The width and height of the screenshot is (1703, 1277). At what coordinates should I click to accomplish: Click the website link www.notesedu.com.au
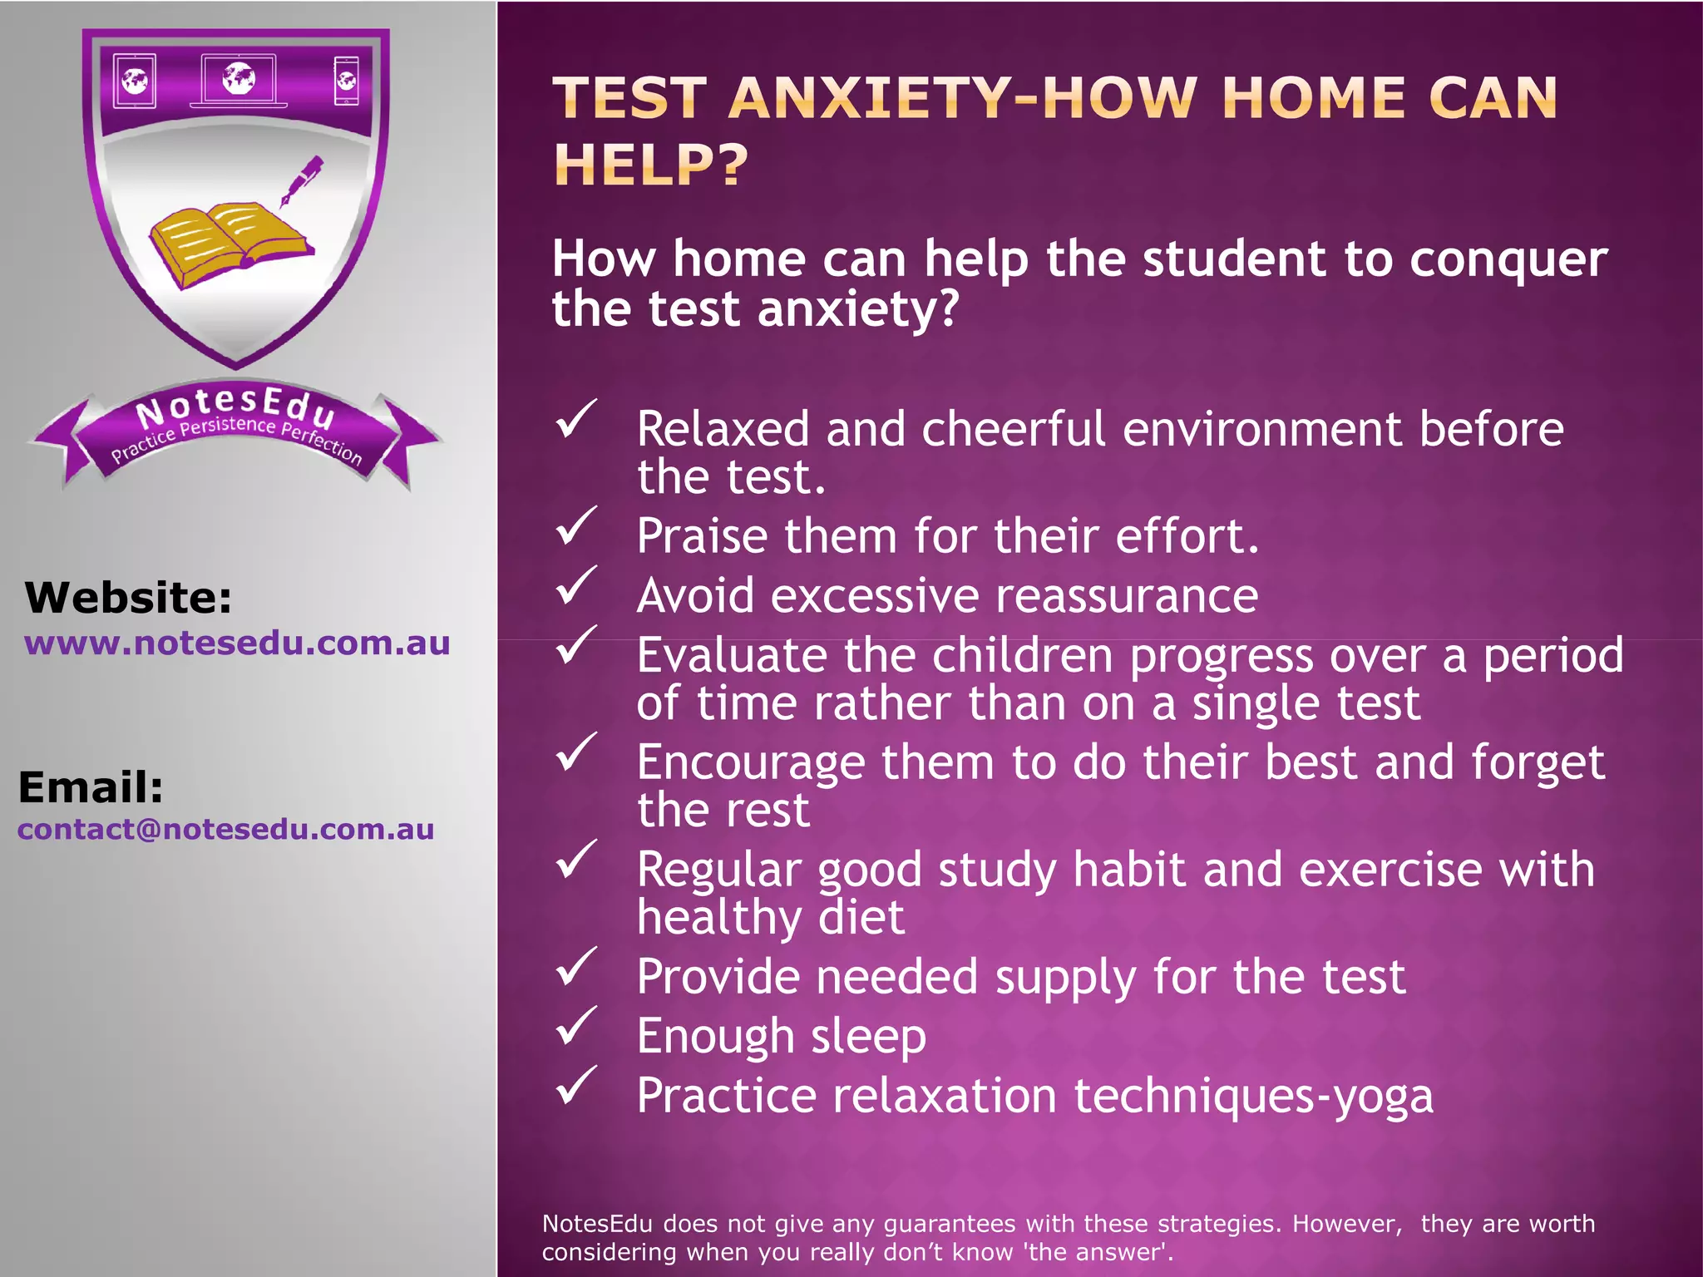pyautogui.click(x=237, y=643)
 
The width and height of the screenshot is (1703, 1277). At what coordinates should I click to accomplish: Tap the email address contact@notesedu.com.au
pyautogui.click(x=225, y=829)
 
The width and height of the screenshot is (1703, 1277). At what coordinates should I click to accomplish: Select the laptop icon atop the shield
pyautogui.click(x=239, y=81)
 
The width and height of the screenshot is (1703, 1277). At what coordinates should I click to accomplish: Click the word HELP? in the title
pyautogui.click(x=651, y=165)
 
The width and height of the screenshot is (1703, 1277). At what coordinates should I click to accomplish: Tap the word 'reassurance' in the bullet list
pyautogui.click(x=1127, y=596)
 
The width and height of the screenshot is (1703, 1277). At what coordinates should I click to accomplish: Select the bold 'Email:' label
pyautogui.click(x=91, y=786)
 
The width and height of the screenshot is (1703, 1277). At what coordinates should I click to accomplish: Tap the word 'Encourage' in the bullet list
pyautogui.click(x=750, y=762)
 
